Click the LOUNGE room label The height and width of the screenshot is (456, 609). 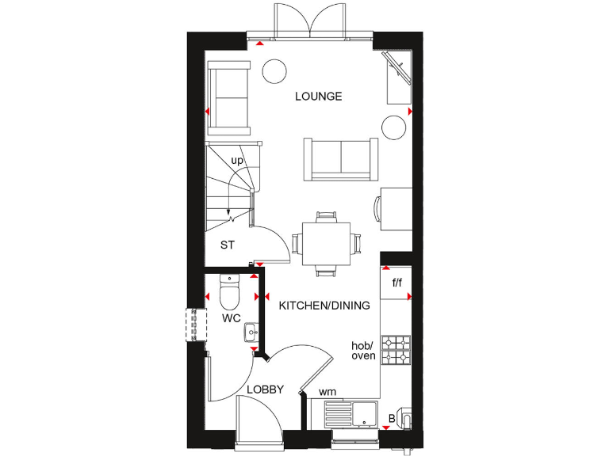318,97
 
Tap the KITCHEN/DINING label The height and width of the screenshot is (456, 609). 324,305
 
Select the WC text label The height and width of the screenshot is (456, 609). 232,318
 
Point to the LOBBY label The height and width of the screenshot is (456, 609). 265,389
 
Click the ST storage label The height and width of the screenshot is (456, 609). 228,245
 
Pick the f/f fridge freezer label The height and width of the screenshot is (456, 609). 396,282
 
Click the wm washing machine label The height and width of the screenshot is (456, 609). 327,392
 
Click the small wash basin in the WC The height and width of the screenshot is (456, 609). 251,331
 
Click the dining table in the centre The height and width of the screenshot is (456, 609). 326,243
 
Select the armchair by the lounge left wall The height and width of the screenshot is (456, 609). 228,98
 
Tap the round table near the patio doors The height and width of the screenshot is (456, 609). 274,70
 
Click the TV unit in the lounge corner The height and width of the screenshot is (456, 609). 398,77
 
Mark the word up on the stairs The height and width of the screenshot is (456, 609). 236,161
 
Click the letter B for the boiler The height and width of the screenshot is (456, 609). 390,419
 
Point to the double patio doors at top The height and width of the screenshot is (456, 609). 310,20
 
